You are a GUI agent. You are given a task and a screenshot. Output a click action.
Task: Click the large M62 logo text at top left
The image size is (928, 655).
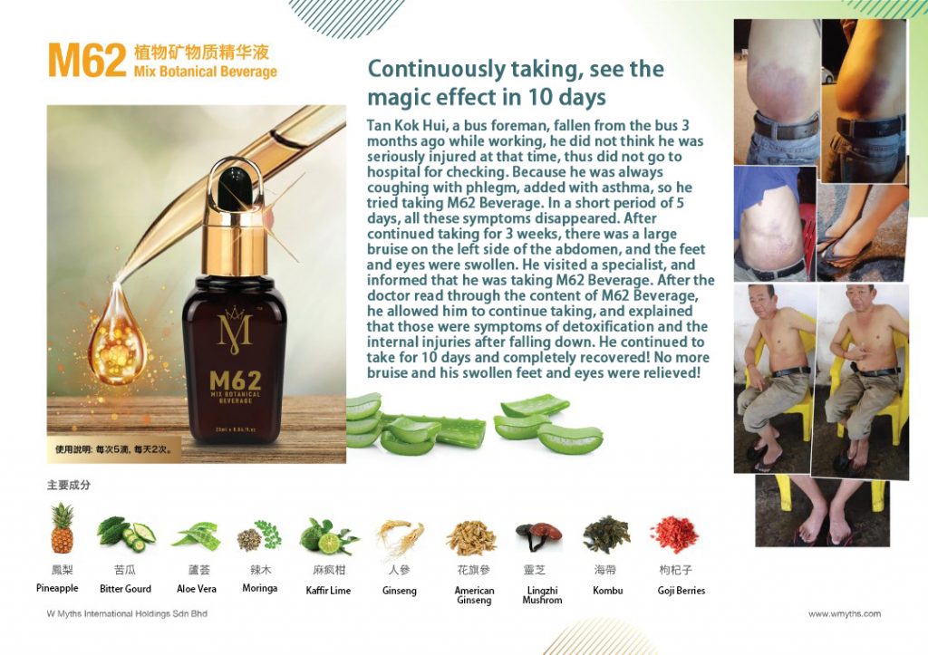pos(87,61)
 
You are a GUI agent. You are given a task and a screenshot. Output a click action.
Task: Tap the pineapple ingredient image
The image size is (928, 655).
pos(63,528)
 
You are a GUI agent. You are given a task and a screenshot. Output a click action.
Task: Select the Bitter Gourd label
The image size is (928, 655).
pos(125,589)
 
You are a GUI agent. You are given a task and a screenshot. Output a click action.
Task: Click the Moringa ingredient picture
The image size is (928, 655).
pos(259,535)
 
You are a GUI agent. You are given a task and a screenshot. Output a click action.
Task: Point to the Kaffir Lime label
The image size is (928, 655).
pos(328,591)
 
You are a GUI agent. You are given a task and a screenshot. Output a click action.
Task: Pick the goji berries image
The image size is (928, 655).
pos(674,535)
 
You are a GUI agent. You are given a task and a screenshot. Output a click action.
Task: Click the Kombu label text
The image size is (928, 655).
pos(607,590)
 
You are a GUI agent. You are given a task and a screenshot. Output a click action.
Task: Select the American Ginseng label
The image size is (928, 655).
pos(474,594)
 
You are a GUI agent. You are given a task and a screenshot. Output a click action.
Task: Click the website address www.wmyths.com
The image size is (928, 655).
pos(845,613)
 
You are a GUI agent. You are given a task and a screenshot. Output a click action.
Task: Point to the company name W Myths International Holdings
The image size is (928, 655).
pos(127,613)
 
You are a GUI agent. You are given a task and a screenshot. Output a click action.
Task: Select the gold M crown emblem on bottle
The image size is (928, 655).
pos(235,330)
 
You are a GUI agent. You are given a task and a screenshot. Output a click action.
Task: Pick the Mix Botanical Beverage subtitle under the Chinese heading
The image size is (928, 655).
pos(206,72)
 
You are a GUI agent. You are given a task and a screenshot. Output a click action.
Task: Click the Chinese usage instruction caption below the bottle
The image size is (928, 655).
pos(113,449)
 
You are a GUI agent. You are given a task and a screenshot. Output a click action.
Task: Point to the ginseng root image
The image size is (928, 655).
pos(400,537)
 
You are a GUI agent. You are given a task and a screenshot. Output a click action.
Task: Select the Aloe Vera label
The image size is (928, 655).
pos(197,589)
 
